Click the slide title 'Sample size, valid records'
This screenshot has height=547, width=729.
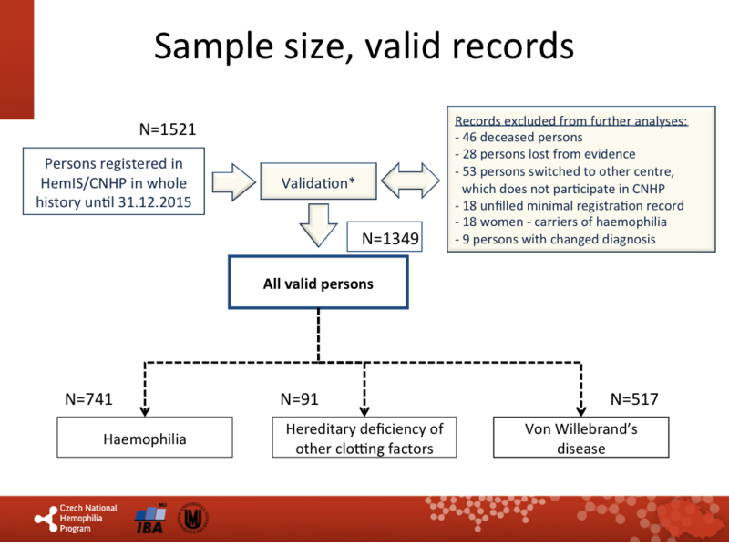tap(364, 46)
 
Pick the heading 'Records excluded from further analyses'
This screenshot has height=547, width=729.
tap(570, 120)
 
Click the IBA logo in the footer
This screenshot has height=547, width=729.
tap(150, 519)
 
